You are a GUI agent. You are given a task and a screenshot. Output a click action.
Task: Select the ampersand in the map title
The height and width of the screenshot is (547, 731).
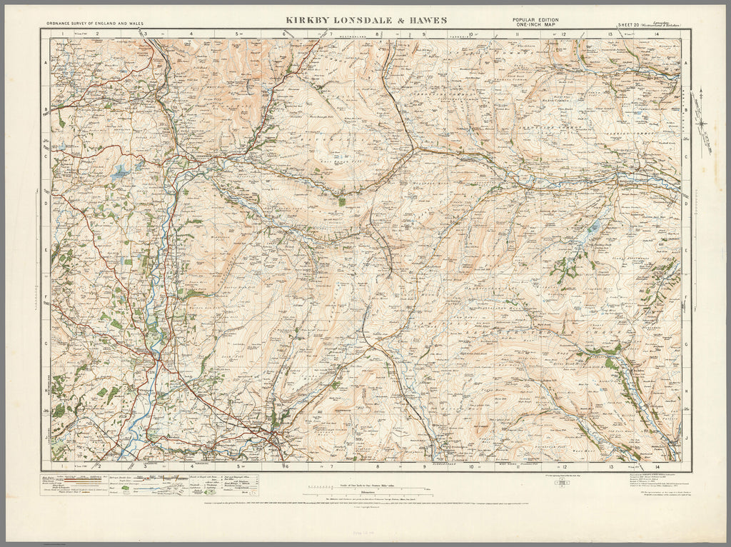[392, 20]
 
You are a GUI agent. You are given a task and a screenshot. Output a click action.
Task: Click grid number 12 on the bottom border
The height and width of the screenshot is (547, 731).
[563, 466]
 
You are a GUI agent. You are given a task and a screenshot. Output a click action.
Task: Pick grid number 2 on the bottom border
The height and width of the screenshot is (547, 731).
[98, 466]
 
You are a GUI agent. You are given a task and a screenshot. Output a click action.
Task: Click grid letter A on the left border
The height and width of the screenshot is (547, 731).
[46, 64]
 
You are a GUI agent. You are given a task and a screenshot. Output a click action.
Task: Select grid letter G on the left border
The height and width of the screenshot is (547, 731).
[46, 346]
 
